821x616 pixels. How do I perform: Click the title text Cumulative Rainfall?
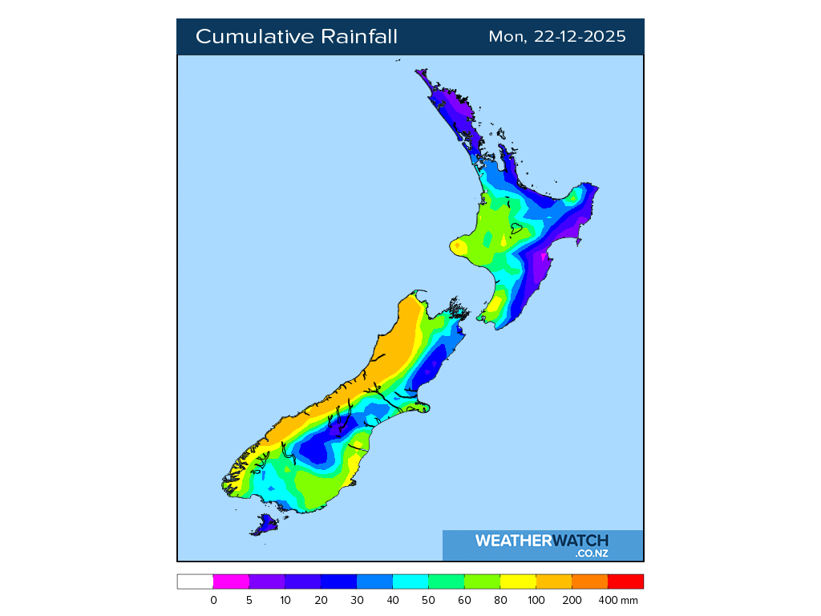(296, 37)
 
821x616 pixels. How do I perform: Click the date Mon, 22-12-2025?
(557, 37)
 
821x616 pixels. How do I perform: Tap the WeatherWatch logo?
(542, 541)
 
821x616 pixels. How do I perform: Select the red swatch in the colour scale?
(625, 582)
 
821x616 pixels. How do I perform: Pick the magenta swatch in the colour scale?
(231, 582)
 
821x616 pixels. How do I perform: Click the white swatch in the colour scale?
(195, 582)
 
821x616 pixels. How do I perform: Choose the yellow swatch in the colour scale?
(518, 582)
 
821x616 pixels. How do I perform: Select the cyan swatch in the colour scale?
(410, 582)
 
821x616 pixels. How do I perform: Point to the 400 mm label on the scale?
(622, 600)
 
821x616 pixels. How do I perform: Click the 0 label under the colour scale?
(213, 600)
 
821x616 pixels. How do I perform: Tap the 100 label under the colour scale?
(536, 600)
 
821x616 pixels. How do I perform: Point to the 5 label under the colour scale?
(249, 600)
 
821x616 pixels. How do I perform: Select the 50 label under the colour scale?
(428, 600)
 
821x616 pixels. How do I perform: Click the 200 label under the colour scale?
(572, 600)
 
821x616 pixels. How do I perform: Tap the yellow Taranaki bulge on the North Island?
(459, 246)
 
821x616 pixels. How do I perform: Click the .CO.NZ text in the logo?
(591, 553)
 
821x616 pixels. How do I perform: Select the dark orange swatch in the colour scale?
(589, 582)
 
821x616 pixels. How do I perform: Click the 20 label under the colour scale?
(321, 600)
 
